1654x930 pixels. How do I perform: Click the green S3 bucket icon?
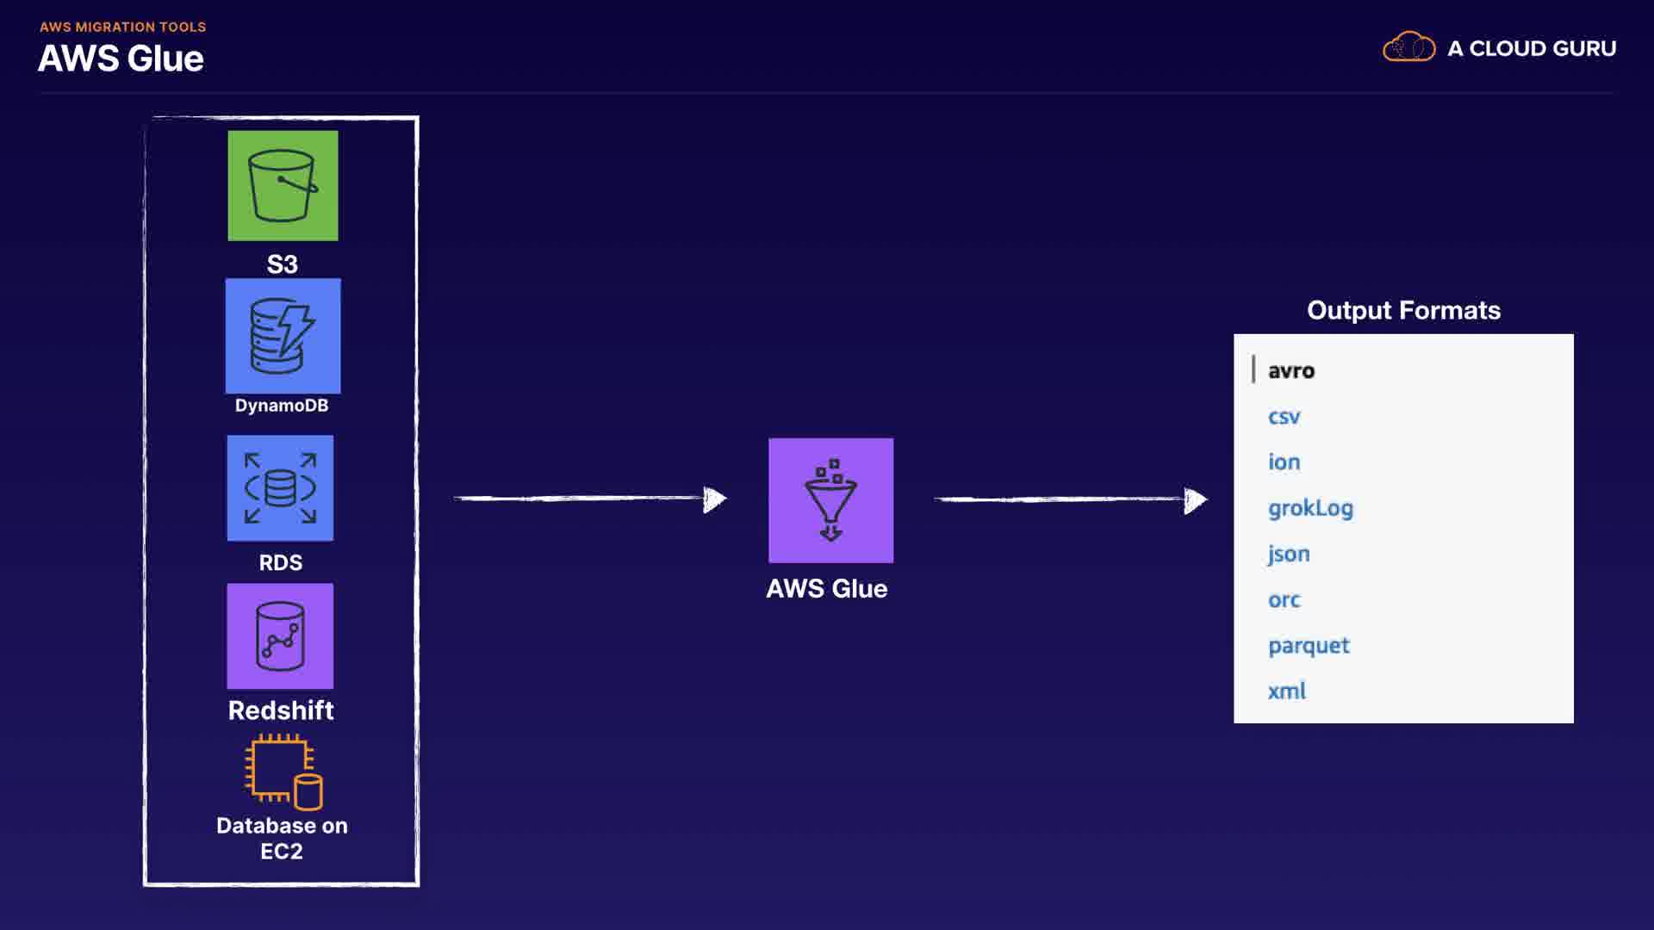pos(283,185)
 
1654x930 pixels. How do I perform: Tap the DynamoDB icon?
pos(283,336)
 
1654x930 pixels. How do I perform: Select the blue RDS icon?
pos(280,488)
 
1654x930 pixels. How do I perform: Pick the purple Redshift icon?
pos(280,636)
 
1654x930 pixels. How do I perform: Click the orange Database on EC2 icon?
pos(283,772)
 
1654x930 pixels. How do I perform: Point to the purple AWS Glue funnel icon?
pos(830,500)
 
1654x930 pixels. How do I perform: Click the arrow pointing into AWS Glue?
pos(590,499)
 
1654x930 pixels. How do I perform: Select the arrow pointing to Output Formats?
pos(1071,499)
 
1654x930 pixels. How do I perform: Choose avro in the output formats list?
pos(1290,371)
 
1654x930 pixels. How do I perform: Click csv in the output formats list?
pos(1284,418)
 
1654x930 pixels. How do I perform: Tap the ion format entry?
pos(1284,462)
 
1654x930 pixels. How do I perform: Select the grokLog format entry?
pos(1310,509)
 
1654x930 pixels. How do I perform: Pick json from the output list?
pos(1289,554)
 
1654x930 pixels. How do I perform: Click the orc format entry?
pos(1284,600)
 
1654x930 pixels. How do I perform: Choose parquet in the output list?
pos(1309,646)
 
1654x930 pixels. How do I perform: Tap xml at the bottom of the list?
pos(1286,691)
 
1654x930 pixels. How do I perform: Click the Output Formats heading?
pos(1403,310)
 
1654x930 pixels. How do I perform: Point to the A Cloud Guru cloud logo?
pos(1408,47)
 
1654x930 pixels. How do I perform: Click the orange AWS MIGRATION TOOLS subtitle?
pos(122,27)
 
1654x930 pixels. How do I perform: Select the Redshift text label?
pos(281,710)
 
